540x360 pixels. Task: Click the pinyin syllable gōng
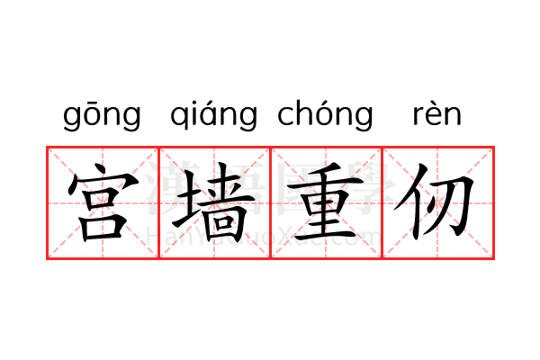(x=103, y=116)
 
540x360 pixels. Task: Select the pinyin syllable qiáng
(x=213, y=116)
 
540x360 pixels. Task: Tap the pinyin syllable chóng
(x=325, y=116)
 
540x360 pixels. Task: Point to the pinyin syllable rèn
(x=436, y=116)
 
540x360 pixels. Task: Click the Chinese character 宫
(x=103, y=202)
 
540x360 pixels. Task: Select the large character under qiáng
(x=214, y=202)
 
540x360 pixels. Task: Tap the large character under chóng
(x=326, y=202)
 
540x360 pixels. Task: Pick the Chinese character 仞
(x=437, y=202)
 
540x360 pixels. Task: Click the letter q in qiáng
(x=179, y=119)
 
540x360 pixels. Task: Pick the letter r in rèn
(x=417, y=118)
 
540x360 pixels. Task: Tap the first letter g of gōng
(x=73, y=119)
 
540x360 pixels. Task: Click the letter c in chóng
(x=287, y=118)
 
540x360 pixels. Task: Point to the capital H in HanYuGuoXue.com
(x=153, y=237)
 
